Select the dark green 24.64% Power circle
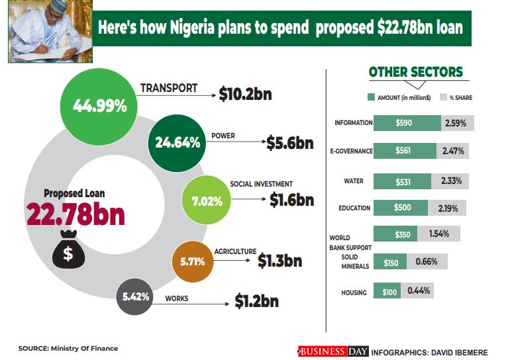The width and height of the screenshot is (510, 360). [177, 142]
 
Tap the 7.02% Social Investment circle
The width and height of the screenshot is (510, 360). [207, 201]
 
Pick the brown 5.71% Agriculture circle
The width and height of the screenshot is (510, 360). [192, 261]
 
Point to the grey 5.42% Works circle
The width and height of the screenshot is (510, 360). [136, 297]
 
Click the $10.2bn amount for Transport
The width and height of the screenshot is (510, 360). [244, 95]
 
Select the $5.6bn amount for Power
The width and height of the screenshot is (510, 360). [289, 142]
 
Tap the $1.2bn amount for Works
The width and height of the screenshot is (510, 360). [256, 301]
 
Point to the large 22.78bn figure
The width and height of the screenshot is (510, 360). [76, 214]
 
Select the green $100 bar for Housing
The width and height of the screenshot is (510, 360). [387, 291]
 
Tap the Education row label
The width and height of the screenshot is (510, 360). [354, 208]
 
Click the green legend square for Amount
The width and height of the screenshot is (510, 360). [371, 97]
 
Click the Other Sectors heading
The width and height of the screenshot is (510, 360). [415, 72]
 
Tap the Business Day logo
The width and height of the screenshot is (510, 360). [332, 351]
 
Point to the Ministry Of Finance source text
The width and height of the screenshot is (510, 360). [68, 348]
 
